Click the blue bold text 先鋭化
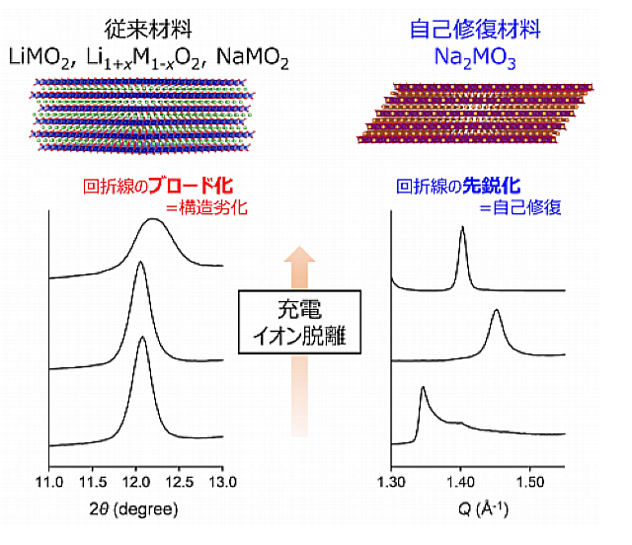point(496,185)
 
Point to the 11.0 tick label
point(47,481)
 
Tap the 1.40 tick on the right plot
point(461,481)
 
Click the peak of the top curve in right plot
point(462,229)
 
